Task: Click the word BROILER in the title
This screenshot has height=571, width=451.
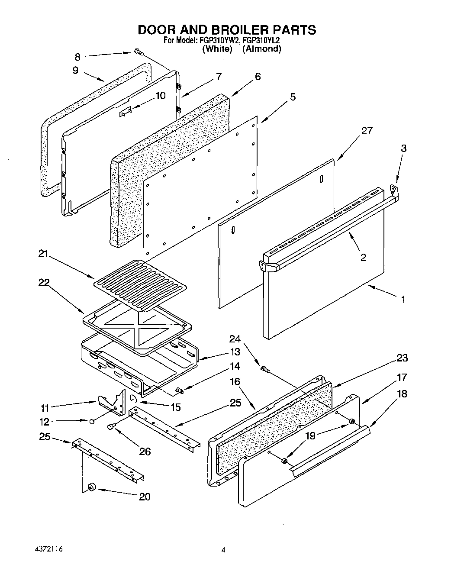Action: tap(235, 29)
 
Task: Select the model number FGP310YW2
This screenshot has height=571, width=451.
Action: tap(218, 40)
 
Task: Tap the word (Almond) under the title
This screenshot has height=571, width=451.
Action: tap(261, 48)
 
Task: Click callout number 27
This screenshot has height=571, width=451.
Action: tap(367, 131)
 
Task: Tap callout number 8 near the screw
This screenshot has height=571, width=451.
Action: tap(77, 56)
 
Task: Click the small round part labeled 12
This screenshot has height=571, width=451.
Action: tap(92, 421)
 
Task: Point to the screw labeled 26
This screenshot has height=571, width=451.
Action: tap(111, 427)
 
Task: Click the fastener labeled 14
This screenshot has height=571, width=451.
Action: tap(179, 391)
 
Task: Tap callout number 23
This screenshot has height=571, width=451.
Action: tap(402, 358)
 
